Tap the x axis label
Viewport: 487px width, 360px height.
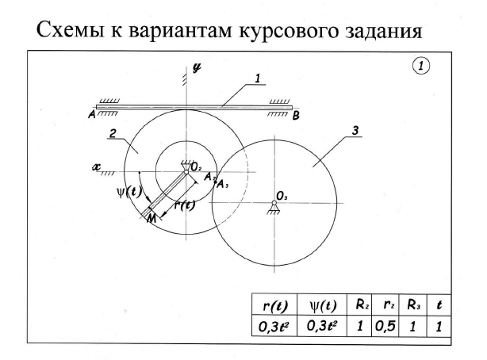[95, 167]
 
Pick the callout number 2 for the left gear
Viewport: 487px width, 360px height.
[114, 136]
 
